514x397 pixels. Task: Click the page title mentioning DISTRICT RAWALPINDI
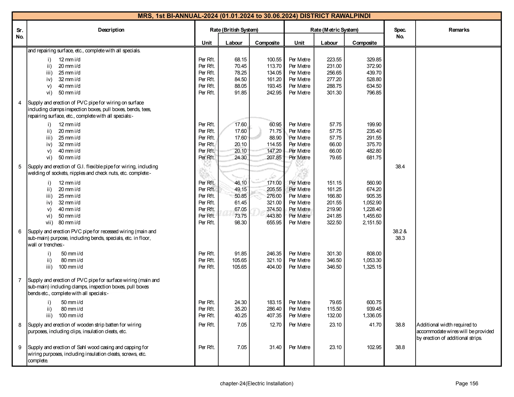(254, 16)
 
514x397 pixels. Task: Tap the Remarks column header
(459, 30)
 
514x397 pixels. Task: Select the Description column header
(111, 30)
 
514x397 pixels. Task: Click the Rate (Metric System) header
(334, 30)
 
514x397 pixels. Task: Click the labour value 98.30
(240, 223)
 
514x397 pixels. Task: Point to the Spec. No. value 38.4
(400, 167)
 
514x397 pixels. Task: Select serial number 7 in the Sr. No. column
(20, 280)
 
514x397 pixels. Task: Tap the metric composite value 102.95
(374, 347)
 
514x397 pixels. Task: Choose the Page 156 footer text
(467, 383)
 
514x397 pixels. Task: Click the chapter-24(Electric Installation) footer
(256, 383)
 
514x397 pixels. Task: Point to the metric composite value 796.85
(374, 93)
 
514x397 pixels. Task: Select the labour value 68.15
(240, 60)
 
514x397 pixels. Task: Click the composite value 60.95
(275, 124)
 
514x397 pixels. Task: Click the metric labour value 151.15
(334, 183)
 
